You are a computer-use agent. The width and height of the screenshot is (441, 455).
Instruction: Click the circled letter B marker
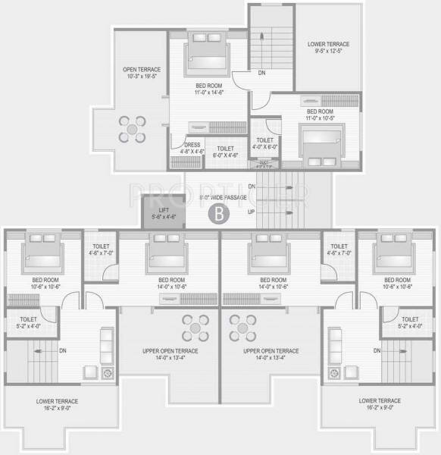[218, 215]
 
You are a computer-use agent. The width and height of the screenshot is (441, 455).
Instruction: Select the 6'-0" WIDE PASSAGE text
[223, 198]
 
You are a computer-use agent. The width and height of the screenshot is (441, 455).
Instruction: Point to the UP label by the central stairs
[251, 212]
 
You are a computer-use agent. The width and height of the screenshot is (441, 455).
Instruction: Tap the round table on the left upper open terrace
[195, 328]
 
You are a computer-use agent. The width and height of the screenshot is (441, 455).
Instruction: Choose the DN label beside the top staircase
[261, 74]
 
